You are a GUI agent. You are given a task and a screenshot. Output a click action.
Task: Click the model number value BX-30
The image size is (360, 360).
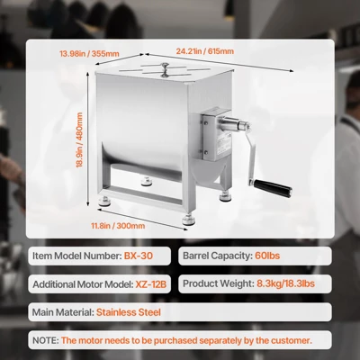pyautogui.click(x=139, y=256)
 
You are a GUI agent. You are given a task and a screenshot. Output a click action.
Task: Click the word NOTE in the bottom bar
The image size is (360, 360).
pyautogui.click(x=44, y=340)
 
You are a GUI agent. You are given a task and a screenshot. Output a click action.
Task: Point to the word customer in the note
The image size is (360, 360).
pyautogui.click(x=286, y=340)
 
